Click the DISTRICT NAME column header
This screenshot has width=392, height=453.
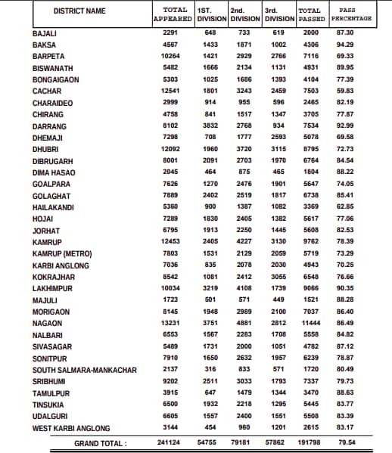80,10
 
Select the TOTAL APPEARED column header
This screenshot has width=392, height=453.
169,13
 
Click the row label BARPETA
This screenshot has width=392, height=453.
48,57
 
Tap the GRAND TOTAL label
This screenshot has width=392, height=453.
100,443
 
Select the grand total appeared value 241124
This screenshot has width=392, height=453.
169,443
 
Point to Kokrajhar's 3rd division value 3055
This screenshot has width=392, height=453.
279,277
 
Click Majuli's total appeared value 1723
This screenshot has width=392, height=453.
169,300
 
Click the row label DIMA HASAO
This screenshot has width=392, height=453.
54,172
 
